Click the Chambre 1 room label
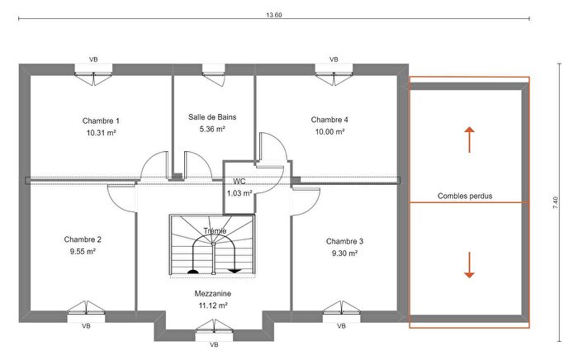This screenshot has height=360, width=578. point(101,120)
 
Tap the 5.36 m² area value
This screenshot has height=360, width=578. point(212,130)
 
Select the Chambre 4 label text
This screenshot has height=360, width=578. point(329,120)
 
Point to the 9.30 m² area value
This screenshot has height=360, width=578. point(344,254)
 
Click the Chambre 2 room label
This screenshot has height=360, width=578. point(82,239)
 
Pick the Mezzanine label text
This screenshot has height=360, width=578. point(212,293)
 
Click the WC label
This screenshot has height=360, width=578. point(239,181)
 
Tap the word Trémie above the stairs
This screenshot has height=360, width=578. point(214,230)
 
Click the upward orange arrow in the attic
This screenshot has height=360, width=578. point(469,140)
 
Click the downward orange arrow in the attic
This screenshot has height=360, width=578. point(469,264)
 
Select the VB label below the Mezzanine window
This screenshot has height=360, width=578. point(214,344)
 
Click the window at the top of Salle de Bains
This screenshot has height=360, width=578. point(213,73)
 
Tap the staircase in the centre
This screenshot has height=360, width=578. point(214,245)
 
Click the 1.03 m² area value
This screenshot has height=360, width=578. point(239,193)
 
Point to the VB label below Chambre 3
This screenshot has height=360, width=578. point(340,326)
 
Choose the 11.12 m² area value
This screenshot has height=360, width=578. point(212,306)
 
